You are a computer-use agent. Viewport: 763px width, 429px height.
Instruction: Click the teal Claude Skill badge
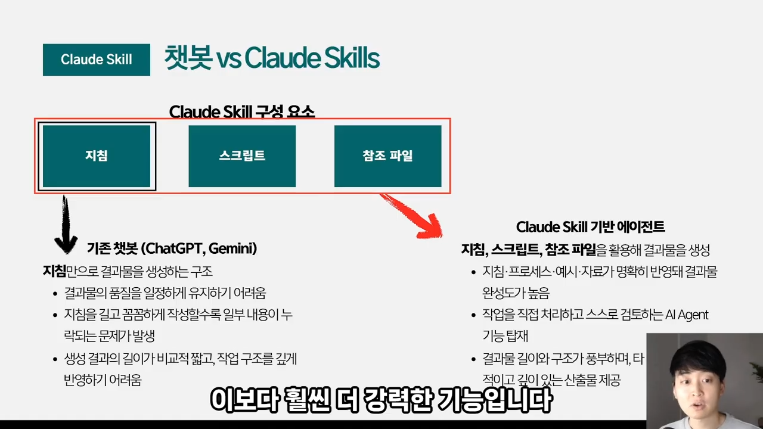pos(96,60)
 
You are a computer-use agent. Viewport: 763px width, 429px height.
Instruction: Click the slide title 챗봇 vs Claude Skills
pos(272,59)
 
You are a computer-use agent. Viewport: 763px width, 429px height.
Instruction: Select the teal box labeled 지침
pos(97,156)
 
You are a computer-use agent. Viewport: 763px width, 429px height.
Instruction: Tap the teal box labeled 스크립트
pos(242,156)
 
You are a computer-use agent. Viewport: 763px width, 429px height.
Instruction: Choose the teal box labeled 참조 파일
pos(387,156)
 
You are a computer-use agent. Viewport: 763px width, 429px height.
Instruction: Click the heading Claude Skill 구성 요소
pos(241,111)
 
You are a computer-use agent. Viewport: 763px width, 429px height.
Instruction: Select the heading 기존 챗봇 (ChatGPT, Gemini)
pos(172,248)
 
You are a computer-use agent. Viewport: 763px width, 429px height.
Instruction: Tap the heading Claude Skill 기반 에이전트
pos(590,227)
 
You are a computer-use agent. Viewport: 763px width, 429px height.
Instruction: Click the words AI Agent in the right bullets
pos(687,315)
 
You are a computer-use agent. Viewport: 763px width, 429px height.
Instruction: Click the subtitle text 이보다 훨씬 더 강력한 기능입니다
pos(381,400)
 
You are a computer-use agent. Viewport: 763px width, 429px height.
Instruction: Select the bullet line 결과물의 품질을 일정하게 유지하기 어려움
pos(165,293)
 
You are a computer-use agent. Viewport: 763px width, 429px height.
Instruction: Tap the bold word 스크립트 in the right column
pos(517,250)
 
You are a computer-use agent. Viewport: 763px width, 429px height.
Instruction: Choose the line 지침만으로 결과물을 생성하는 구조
pos(128,271)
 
